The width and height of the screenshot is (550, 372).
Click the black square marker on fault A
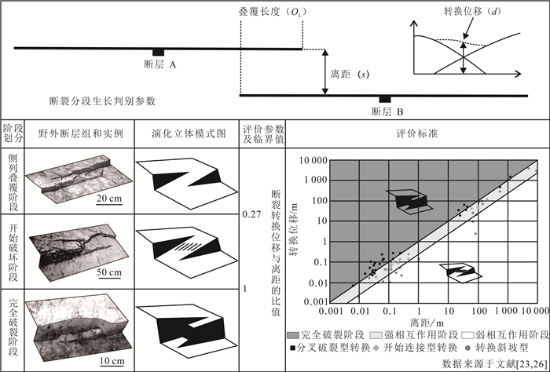click(158, 52)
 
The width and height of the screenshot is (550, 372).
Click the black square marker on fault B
click(385, 98)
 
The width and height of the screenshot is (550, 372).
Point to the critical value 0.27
click(250, 212)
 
